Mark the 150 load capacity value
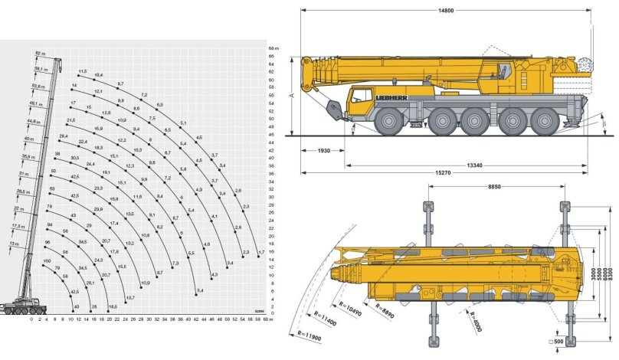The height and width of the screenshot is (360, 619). pos(47,262)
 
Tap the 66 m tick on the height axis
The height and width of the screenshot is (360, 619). pos(272,47)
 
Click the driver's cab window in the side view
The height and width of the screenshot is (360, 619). pos(359,98)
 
